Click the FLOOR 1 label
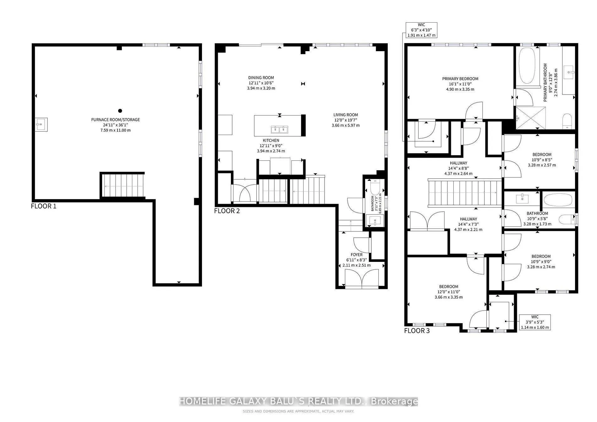(x=44, y=206)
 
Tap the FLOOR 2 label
(x=227, y=211)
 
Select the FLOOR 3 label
(x=417, y=331)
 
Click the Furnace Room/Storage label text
(x=116, y=120)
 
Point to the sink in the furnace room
(x=41, y=125)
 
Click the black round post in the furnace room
(x=120, y=111)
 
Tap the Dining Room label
(x=261, y=78)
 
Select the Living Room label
(x=346, y=115)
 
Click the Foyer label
(x=357, y=255)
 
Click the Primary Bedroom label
(x=460, y=79)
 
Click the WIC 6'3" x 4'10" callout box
(x=421, y=30)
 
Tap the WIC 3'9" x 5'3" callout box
(x=535, y=322)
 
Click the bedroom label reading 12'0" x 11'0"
(x=449, y=292)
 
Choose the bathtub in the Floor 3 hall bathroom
(x=558, y=200)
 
